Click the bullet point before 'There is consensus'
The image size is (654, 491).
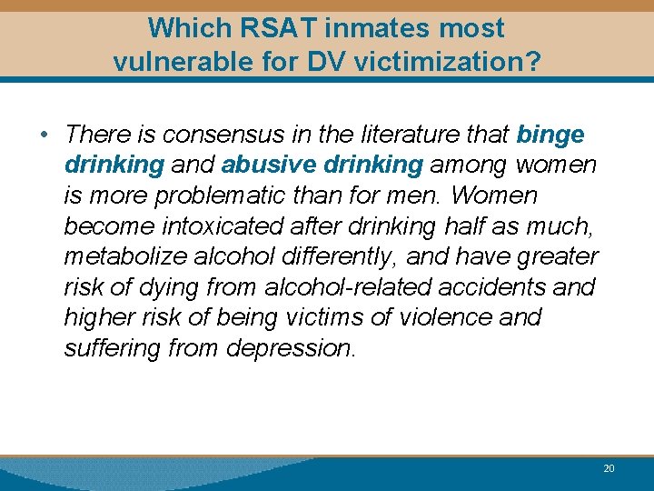click(44, 135)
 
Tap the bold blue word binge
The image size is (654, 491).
click(550, 135)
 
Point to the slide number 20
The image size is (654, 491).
click(609, 468)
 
